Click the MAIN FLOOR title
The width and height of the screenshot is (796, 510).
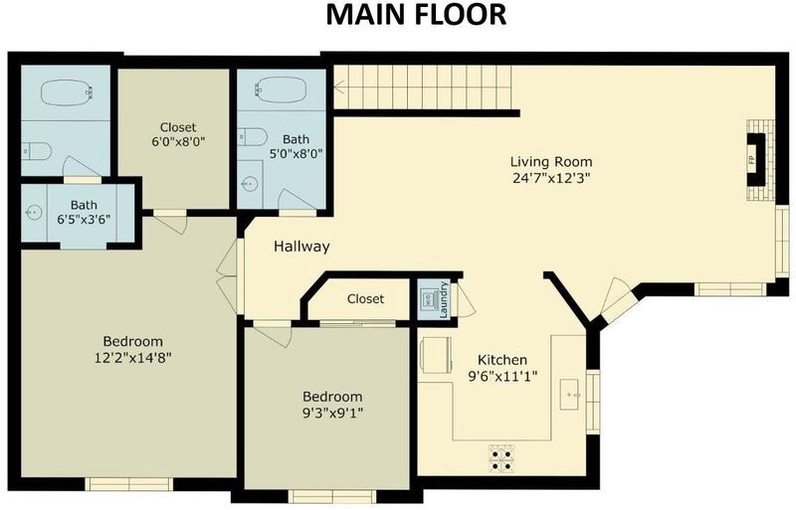pyautogui.click(x=416, y=15)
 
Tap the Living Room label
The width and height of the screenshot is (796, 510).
pyautogui.click(x=551, y=162)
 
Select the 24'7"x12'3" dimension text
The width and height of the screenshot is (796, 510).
pyautogui.click(x=551, y=178)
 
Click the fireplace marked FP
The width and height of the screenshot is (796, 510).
pyautogui.click(x=756, y=160)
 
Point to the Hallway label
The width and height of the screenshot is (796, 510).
pyautogui.click(x=301, y=247)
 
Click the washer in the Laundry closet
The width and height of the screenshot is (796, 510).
pyautogui.click(x=430, y=300)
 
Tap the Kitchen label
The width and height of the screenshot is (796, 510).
pyautogui.click(x=502, y=360)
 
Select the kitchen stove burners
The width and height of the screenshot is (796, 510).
pyautogui.click(x=501, y=458)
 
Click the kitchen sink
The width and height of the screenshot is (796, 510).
pyautogui.click(x=571, y=395)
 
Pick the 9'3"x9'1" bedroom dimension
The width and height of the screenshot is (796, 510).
pyautogui.click(x=332, y=413)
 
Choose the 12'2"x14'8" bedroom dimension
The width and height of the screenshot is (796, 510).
pyautogui.click(x=133, y=358)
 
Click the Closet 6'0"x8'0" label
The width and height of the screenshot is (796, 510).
pyautogui.click(x=178, y=134)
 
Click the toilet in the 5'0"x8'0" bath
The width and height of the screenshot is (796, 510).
pyautogui.click(x=253, y=137)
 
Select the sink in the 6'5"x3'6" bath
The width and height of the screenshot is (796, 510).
pyautogui.click(x=33, y=212)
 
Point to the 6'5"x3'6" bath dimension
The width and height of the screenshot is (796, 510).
pyautogui.click(x=84, y=220)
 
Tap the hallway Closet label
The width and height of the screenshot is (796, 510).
pyautogui.click(x=365, y=299)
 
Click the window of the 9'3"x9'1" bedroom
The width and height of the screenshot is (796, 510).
pyautogui.click(x=332, y=496)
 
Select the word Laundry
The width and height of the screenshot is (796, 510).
pyautogui.click(x=444, y=299)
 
